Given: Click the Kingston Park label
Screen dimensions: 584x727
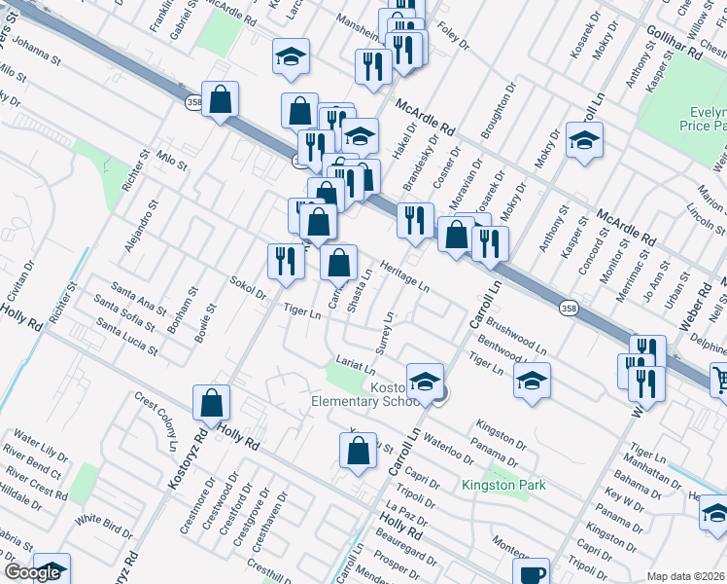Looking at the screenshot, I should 503,485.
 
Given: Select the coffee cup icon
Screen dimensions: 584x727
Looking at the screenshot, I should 532,572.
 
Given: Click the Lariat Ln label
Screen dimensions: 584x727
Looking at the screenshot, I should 356,367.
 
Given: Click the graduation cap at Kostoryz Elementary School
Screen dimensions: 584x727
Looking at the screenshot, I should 425,381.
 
